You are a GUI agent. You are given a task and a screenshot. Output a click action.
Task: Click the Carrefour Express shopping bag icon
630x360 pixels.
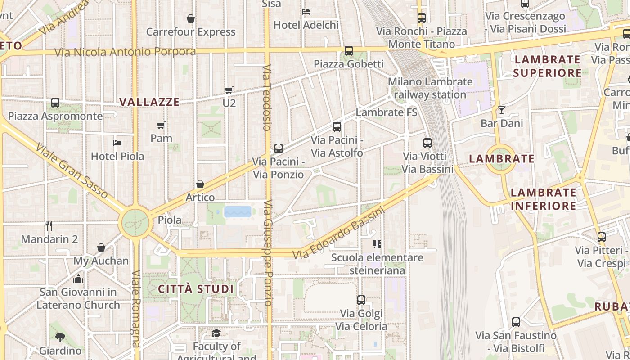click(x=191, y=18)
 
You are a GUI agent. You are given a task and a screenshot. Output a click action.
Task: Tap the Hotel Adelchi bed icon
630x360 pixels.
click(x=306, y=11)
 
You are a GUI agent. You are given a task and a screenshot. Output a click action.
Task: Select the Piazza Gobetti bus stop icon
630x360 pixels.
click(x=349, y=51)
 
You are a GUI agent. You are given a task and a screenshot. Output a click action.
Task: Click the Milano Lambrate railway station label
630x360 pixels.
click(x=430, y=88)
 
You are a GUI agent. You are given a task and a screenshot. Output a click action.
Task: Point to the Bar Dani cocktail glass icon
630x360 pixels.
click(x=502, y=110)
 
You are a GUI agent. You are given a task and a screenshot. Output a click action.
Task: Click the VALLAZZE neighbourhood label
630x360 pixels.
click(x=149, y=102)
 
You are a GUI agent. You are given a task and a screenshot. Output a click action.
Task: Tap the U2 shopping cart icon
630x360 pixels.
click(x=229, y=90)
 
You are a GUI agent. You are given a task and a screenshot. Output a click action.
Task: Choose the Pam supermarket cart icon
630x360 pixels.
click(x=161, y=125)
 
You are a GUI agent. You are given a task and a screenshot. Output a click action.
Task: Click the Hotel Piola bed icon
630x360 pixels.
click(x=117, y=143)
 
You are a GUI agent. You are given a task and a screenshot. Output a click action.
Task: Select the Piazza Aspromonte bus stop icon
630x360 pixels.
click(x=55, y=103)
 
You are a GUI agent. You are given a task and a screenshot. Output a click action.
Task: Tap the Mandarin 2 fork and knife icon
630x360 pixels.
click(x=49, y=225)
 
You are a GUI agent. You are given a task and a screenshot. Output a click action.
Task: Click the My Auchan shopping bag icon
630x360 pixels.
click(x=101, y=247)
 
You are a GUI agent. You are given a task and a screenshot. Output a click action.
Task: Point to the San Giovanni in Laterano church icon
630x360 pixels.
click(x=78, y=279)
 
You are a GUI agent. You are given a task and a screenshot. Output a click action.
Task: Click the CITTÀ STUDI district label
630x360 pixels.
click(x=196, y=289)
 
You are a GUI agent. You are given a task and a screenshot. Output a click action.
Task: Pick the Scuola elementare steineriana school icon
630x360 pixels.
click(x=377, y=244)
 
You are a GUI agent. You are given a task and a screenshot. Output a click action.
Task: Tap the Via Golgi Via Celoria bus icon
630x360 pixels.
click(x=361, y=300)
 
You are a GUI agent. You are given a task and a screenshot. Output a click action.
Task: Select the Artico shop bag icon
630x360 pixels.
click(x=200, y=184)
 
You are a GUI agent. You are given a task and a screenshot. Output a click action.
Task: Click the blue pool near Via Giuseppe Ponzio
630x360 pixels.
click(x=238, y=211)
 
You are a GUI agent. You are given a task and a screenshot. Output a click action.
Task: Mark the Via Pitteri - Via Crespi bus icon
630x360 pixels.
click(x=602, y=237)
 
